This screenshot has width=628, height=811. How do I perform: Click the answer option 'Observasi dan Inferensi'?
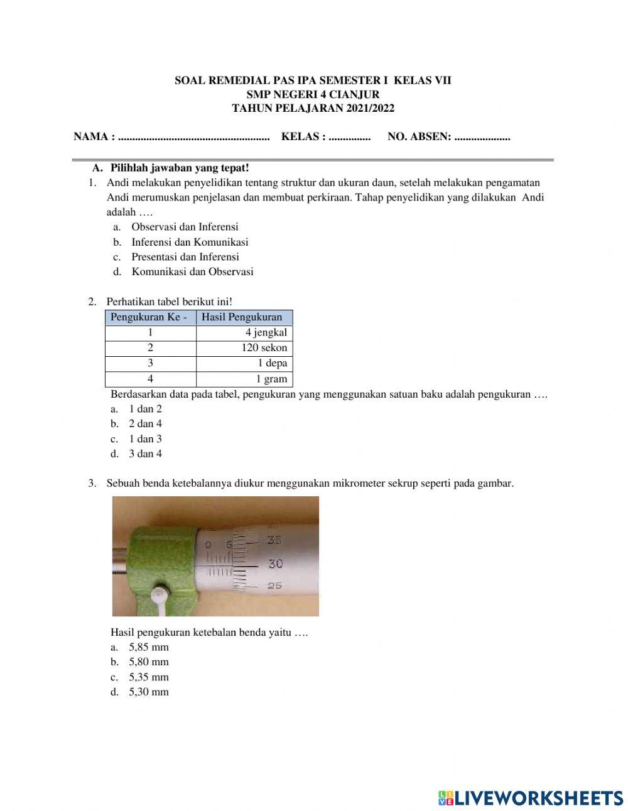click(x=185, y=227)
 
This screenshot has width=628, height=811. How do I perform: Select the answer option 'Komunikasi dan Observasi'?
click(x=192, y=272)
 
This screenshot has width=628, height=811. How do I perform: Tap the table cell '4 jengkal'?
click(x=266, y=333)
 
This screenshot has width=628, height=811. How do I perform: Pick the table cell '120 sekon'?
click(x=264, y=348)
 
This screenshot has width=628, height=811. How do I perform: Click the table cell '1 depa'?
click(x=272, y=363)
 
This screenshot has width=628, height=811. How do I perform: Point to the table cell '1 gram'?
click(x=271, y=379)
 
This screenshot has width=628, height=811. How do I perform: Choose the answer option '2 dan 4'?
click(x=145, y=424)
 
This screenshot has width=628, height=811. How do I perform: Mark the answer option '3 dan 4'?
click(x=145, y=454)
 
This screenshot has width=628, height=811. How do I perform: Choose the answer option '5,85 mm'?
click(x=149, y=647)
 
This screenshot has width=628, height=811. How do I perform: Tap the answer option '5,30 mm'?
click(x=149, y=692)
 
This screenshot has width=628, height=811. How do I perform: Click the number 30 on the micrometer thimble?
click(x=276, y=564)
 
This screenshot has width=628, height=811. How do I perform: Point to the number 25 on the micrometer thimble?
click(x=274, y=585)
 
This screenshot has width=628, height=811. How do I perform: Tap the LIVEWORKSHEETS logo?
click(x=530, y=797)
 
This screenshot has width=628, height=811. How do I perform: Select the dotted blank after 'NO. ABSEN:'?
click(x=482, y=137)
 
